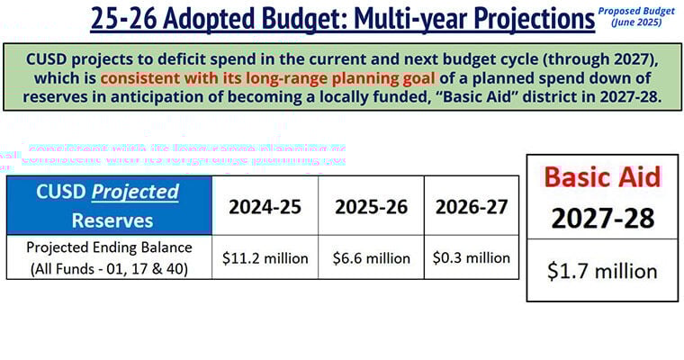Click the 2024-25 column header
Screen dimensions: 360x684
265,206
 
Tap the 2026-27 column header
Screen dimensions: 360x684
471,206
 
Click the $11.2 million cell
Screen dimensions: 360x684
265,258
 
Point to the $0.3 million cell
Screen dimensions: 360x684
471,258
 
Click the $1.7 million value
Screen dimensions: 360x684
603,269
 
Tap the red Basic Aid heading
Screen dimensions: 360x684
603,176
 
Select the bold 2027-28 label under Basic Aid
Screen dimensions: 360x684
603,217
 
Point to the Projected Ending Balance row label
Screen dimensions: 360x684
108,257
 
